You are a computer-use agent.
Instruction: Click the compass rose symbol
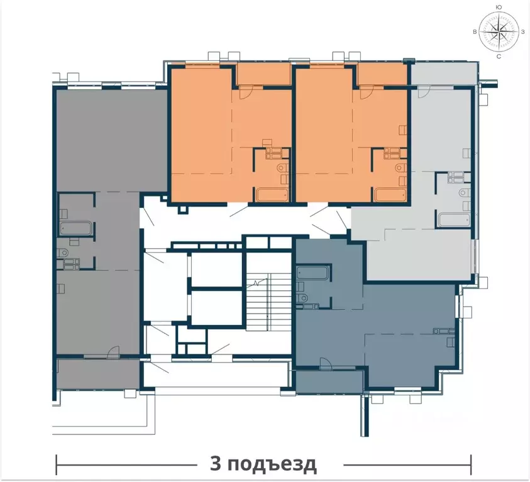(499, 31)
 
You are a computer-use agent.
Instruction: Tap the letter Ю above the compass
(499, 7)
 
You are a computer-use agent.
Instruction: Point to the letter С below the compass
(499, 57)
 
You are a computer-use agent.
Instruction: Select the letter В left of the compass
(475, 32)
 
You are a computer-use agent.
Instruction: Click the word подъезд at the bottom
(272, 465)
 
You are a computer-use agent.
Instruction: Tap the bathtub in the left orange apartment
(272, 195)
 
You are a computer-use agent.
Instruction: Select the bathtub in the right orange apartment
(390, 195)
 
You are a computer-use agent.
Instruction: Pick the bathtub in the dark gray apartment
(76, 228)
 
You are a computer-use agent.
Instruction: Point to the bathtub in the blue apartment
(312, 273)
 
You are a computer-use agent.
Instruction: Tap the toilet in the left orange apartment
(282, 167)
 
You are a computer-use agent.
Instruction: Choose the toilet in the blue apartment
(302, 298)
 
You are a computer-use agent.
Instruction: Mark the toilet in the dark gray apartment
(63, 253)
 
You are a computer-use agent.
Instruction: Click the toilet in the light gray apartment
(465, 193)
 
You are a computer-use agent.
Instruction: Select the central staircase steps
(268, 302)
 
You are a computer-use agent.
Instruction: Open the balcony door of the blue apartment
(326, 364)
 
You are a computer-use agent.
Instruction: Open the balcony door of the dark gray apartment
(113, 352)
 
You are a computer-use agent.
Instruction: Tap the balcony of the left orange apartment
(263, 74)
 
